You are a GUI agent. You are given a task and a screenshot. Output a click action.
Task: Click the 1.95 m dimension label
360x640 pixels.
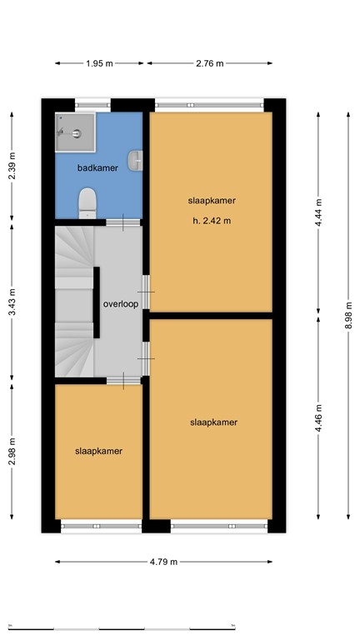coord(100,63)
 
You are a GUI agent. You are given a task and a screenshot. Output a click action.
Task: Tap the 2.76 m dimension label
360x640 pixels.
coord(209,63)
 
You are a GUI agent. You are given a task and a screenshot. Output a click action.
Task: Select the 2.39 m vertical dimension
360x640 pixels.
coord(12,167)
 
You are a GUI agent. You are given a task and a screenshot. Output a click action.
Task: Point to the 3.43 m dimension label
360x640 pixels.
coord(12,304)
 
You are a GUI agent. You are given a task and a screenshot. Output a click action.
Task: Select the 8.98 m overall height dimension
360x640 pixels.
coord(348,316)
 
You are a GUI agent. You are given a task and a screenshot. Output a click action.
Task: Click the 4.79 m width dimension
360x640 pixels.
coord(163,562)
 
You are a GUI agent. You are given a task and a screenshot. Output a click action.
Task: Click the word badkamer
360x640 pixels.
coord(97,168)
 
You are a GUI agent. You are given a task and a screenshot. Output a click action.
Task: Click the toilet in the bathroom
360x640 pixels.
coord(86,202)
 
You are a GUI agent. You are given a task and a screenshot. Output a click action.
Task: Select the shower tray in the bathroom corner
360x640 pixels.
coord(72,130)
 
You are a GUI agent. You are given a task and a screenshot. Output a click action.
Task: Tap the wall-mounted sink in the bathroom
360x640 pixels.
coord(137,157)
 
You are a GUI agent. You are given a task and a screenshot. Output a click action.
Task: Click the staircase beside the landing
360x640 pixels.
coord(73,304)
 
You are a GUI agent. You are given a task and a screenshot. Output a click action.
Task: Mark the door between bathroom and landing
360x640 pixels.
coord(122,222)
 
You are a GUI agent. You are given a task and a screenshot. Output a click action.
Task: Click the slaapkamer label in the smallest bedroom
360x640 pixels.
coord(98,451)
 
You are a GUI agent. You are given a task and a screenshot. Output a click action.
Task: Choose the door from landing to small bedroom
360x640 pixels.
coord(123,380)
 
